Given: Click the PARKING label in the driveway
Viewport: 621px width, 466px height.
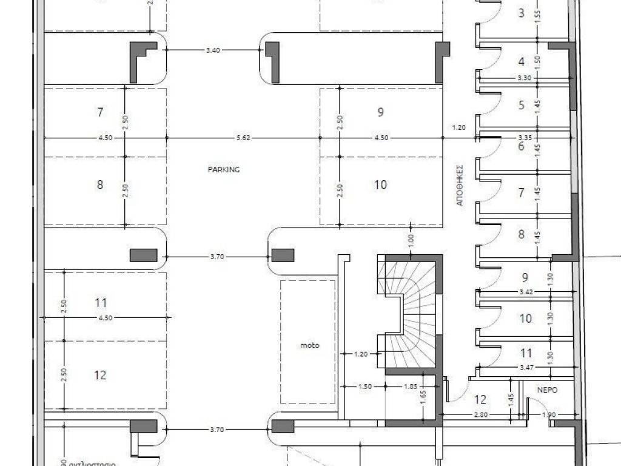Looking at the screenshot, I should coord(224,170).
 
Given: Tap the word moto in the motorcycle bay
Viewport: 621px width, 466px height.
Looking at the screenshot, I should coord(310,346).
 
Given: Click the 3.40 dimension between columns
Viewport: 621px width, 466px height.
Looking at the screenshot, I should coord(212,50).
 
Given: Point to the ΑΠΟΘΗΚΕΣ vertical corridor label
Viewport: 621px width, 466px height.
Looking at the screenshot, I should coord(459,185).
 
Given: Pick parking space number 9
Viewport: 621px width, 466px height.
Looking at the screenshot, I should coord(380,112).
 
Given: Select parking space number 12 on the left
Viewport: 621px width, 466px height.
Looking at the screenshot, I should coord(101,376).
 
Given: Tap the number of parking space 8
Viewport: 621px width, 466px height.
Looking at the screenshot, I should coord(101,184).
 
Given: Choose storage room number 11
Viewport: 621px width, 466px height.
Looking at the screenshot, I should coord(526,353).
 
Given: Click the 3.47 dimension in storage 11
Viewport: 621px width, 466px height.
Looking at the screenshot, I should coord(525,368).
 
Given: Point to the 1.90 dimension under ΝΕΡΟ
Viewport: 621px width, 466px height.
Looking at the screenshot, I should coord(548,416).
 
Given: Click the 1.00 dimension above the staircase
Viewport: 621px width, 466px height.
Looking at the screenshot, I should coord(411,239).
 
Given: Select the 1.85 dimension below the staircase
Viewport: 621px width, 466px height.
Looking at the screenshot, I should coord(411,387).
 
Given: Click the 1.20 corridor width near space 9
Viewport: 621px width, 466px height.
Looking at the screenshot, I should coord(458,127).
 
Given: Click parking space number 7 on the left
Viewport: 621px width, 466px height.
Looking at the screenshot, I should coord(101,112).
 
